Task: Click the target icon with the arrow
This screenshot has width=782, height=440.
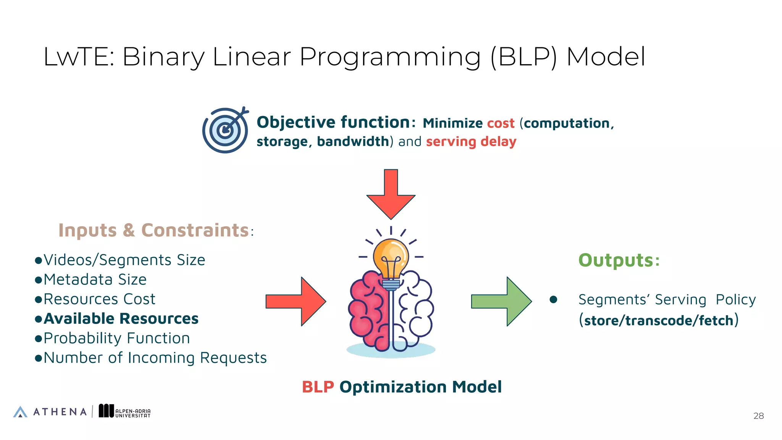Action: [x=225, y=130]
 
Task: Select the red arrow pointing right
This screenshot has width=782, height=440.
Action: [x=296, y=301]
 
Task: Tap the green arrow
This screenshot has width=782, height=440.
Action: [x=501, y=301]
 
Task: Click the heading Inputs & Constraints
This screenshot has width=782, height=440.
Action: [x=153, y=230]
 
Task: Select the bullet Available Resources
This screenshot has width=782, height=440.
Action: [x=121, y=319]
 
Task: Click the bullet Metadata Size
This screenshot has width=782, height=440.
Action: [x=95, y=280]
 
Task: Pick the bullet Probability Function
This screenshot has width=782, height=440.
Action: [x=116, y=338]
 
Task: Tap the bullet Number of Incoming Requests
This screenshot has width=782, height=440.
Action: [x=155, y=358]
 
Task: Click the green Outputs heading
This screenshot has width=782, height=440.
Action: [x=619, y=260]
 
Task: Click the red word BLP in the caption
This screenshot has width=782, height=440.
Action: [x=318, y=387]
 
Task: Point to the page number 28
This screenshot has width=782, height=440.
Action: [x=758, y=416]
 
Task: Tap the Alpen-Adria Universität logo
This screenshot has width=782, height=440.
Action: [x=124, y=411]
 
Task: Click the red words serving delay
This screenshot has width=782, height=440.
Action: [x=471, y=142]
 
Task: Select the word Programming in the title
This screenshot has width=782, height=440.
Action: [x=390, y=57]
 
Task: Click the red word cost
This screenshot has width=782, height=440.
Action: [x=501, y=123]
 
